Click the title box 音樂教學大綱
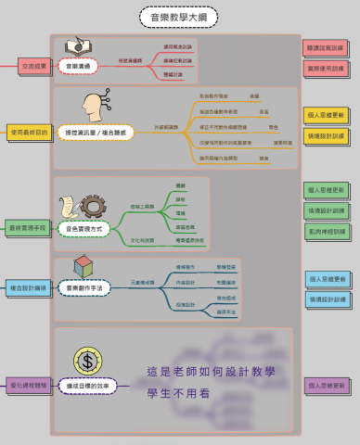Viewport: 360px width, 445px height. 178,16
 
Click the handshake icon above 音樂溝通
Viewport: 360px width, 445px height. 78,46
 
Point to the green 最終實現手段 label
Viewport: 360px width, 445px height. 27,226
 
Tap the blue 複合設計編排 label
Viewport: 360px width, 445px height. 27,288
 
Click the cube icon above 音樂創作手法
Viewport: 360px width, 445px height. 83,267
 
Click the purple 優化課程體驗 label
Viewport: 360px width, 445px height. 27,383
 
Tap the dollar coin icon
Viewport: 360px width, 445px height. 86,360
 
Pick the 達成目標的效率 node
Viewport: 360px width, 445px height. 86,383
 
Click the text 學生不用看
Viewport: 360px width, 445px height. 180,393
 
